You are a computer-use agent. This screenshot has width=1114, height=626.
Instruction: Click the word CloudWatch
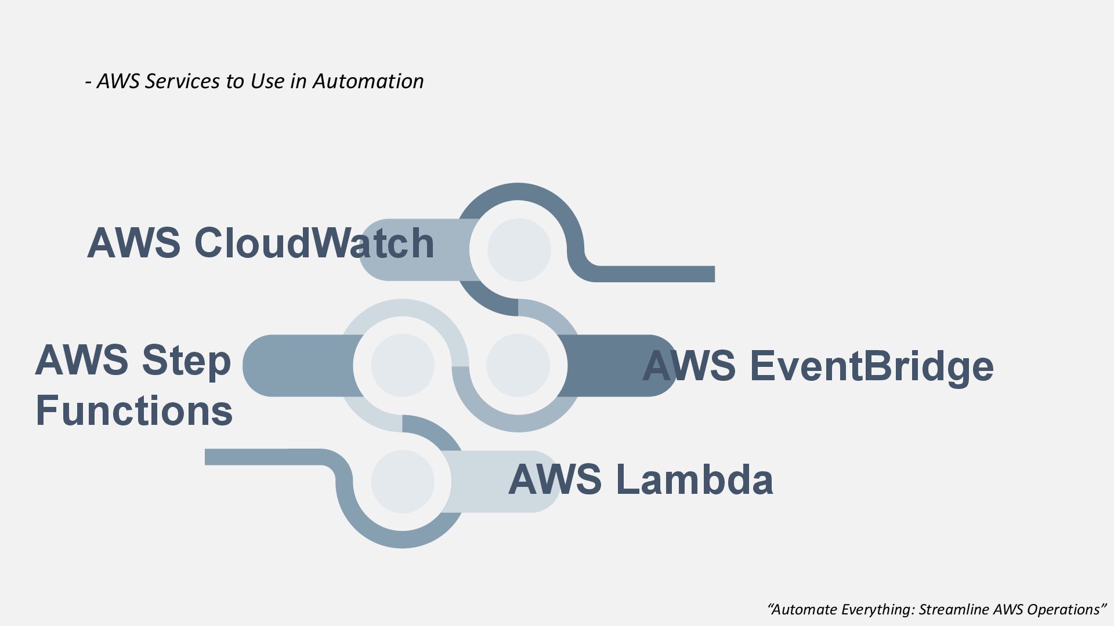[x=314, y=243]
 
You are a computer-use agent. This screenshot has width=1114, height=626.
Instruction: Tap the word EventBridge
[x=871, y=366]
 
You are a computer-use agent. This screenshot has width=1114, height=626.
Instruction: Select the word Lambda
[x=694, y=480]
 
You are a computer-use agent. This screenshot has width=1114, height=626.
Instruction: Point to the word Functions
[x=134, y=410]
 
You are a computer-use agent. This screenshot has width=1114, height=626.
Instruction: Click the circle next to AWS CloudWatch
[x=519, y=250]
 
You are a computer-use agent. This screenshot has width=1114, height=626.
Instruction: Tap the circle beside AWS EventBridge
[x=518, y=365]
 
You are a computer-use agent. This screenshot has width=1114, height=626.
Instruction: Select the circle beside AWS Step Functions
[x=403, y=365]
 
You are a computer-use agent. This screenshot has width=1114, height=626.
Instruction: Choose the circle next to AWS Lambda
[x=403, y=481]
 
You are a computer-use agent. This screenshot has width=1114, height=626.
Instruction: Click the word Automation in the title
[x=368, y=81]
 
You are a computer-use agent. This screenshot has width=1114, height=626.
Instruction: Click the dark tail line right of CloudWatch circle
[x=656, y=274]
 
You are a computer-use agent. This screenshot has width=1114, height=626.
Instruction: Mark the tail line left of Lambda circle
[x=261, y=457]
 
